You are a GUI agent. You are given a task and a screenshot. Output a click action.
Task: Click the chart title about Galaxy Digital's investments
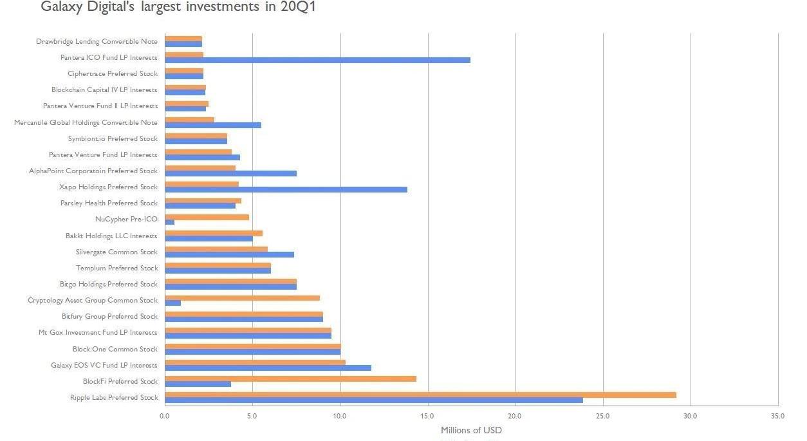178,7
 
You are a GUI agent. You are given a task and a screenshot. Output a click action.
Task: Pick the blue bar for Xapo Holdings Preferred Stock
286,189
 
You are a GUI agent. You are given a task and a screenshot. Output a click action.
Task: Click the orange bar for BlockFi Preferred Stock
290,379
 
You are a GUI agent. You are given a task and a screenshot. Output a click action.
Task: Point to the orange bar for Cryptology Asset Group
242,298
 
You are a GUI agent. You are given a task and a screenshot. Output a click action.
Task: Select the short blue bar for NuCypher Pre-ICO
170,222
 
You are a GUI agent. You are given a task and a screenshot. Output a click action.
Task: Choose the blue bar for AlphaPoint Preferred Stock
230,173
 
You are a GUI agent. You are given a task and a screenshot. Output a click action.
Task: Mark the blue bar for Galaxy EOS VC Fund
268,368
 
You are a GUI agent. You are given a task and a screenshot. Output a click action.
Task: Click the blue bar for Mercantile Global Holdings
213,125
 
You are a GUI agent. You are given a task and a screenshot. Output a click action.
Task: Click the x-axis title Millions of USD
471,430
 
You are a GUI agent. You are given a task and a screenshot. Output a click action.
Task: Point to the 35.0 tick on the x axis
777,416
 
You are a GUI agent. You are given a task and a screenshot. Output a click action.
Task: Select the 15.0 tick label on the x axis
427,416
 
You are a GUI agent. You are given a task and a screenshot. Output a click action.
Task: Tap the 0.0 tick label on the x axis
165,416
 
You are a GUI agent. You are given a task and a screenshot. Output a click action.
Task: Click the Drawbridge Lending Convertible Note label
97,41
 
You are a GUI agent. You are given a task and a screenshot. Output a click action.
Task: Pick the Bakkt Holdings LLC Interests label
111,236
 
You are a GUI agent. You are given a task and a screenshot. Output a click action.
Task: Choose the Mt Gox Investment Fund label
98,333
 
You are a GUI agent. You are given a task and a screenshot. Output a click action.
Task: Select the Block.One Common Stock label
115,349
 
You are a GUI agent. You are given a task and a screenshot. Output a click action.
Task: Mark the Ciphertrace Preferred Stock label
113,73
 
